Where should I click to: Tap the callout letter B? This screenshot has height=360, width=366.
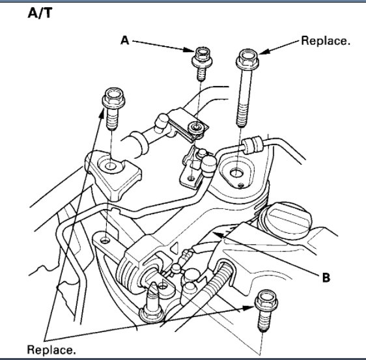click(325, 277)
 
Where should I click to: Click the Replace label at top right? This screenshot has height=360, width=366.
click(326, 40)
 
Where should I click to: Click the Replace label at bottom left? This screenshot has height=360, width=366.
click(51, 350)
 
